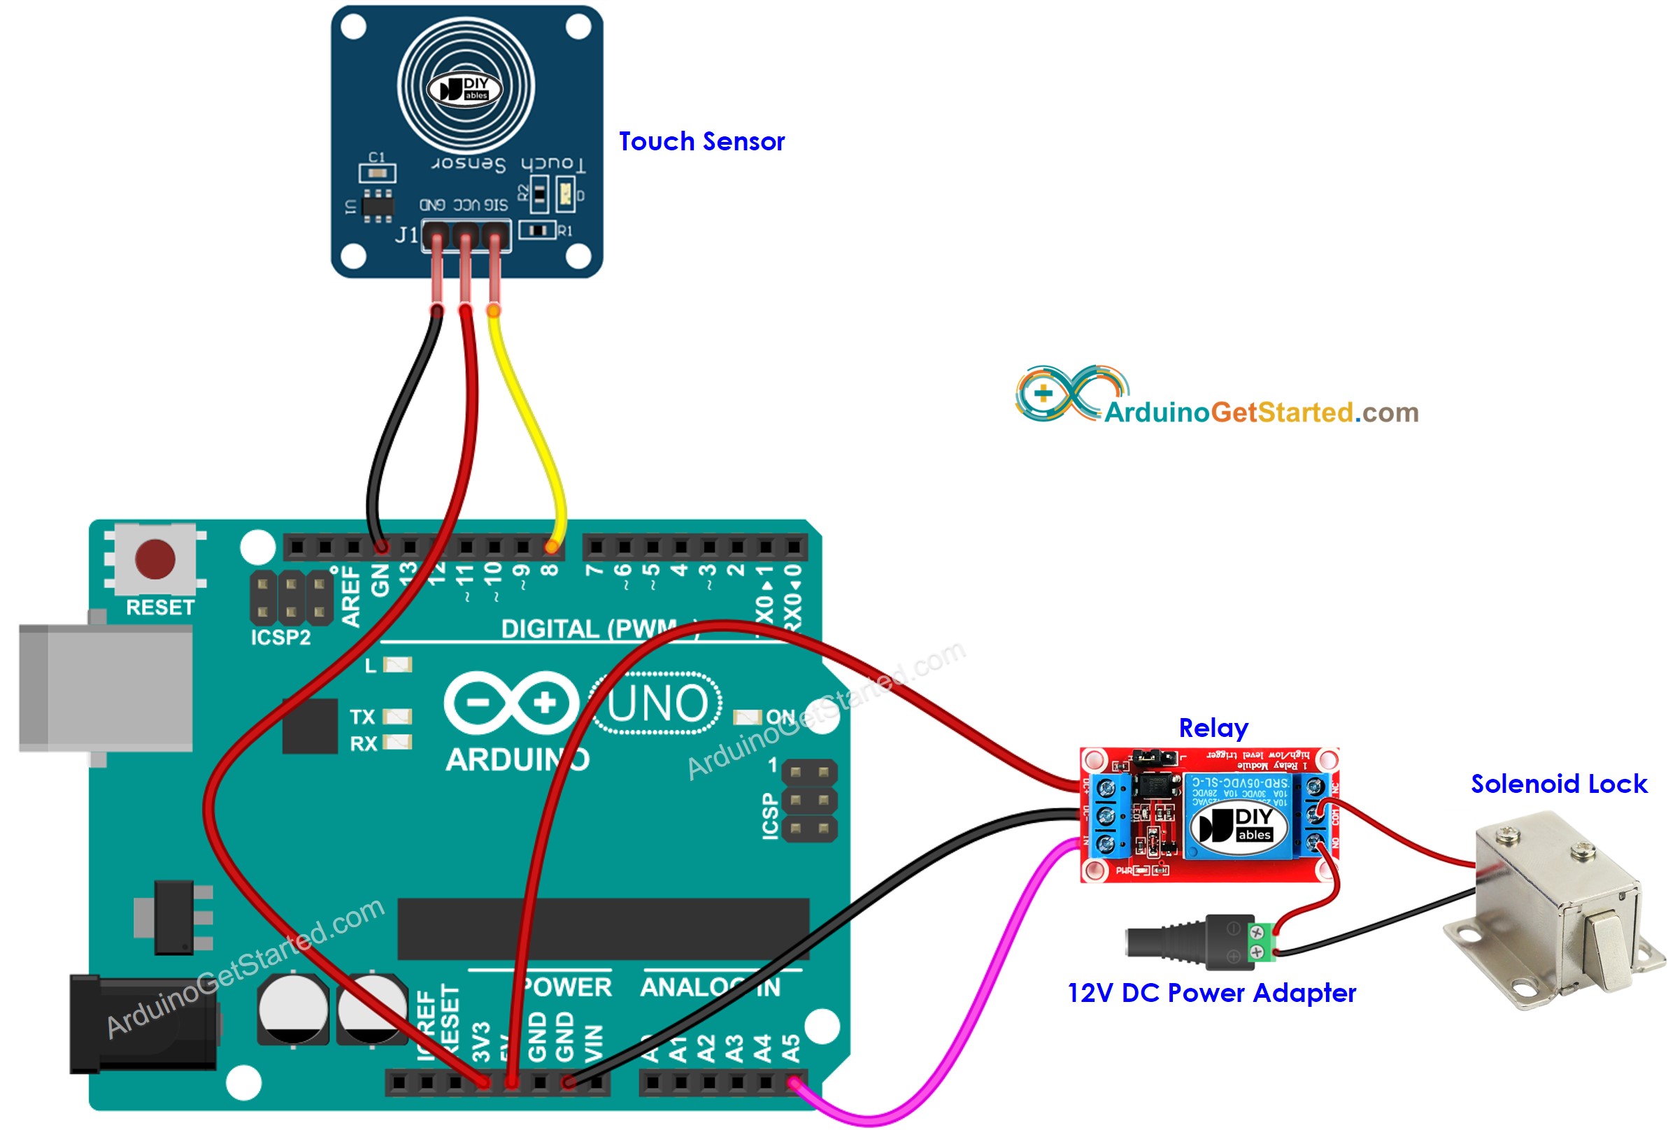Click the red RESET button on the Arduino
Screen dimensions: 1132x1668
coord(155,559)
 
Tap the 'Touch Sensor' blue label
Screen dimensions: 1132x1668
coord(701,141)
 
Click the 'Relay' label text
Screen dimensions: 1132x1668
coord(1213,727)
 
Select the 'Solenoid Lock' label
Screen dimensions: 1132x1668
coord(1558,783)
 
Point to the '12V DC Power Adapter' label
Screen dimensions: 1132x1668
coord(1211,993)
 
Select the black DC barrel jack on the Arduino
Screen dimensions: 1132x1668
coord(143,1024)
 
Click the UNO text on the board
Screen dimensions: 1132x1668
coord(657,703)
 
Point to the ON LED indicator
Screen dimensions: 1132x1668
coord(746,717)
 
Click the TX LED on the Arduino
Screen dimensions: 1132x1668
coord(397,716)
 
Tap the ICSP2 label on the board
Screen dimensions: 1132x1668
coord(280,637)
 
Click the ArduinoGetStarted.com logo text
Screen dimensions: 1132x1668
coord(1260,412)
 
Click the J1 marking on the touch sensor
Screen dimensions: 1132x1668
coord(406,234)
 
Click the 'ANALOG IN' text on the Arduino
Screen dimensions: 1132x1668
coord(710,987)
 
